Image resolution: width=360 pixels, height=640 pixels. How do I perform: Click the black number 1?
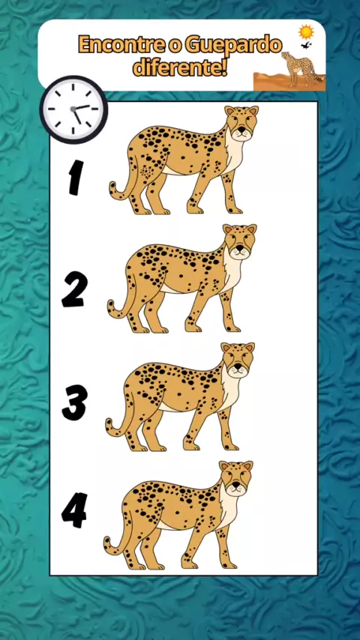pos(76,177)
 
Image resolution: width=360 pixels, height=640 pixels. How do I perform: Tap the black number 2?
pos(74,289)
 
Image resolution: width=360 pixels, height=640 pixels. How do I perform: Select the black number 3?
pos(74,402)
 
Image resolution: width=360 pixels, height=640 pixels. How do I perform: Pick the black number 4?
pos(74,510)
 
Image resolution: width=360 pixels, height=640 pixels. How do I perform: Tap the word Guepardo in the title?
pos(233,46)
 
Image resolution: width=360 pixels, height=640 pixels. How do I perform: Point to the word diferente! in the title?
pos(180,67)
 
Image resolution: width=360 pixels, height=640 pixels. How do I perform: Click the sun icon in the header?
pos(306,31)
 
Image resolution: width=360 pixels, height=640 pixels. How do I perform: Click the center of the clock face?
pos(73,109)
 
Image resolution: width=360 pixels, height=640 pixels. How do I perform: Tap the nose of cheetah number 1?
pos(242,130)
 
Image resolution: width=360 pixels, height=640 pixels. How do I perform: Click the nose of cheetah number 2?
pos(241,249)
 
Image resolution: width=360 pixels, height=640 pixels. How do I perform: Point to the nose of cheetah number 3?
pos(238,367)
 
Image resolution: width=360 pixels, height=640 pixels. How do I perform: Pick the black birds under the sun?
pos(306,45)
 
